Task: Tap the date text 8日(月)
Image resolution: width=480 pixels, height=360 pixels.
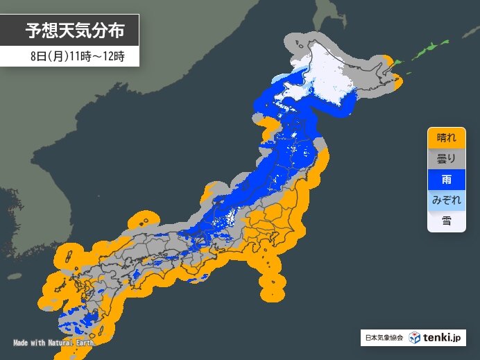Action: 47,56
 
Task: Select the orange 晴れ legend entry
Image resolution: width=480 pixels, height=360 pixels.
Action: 446,137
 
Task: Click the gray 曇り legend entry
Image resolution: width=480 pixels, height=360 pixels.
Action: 446,159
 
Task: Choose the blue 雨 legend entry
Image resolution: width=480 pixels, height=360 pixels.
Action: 446,179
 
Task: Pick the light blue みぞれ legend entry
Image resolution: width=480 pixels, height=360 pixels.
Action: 446,200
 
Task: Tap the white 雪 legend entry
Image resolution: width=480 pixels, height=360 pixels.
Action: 446,221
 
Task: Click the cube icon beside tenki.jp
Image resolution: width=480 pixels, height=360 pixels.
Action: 414,338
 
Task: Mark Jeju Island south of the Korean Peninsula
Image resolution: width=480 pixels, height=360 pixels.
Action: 13,275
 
